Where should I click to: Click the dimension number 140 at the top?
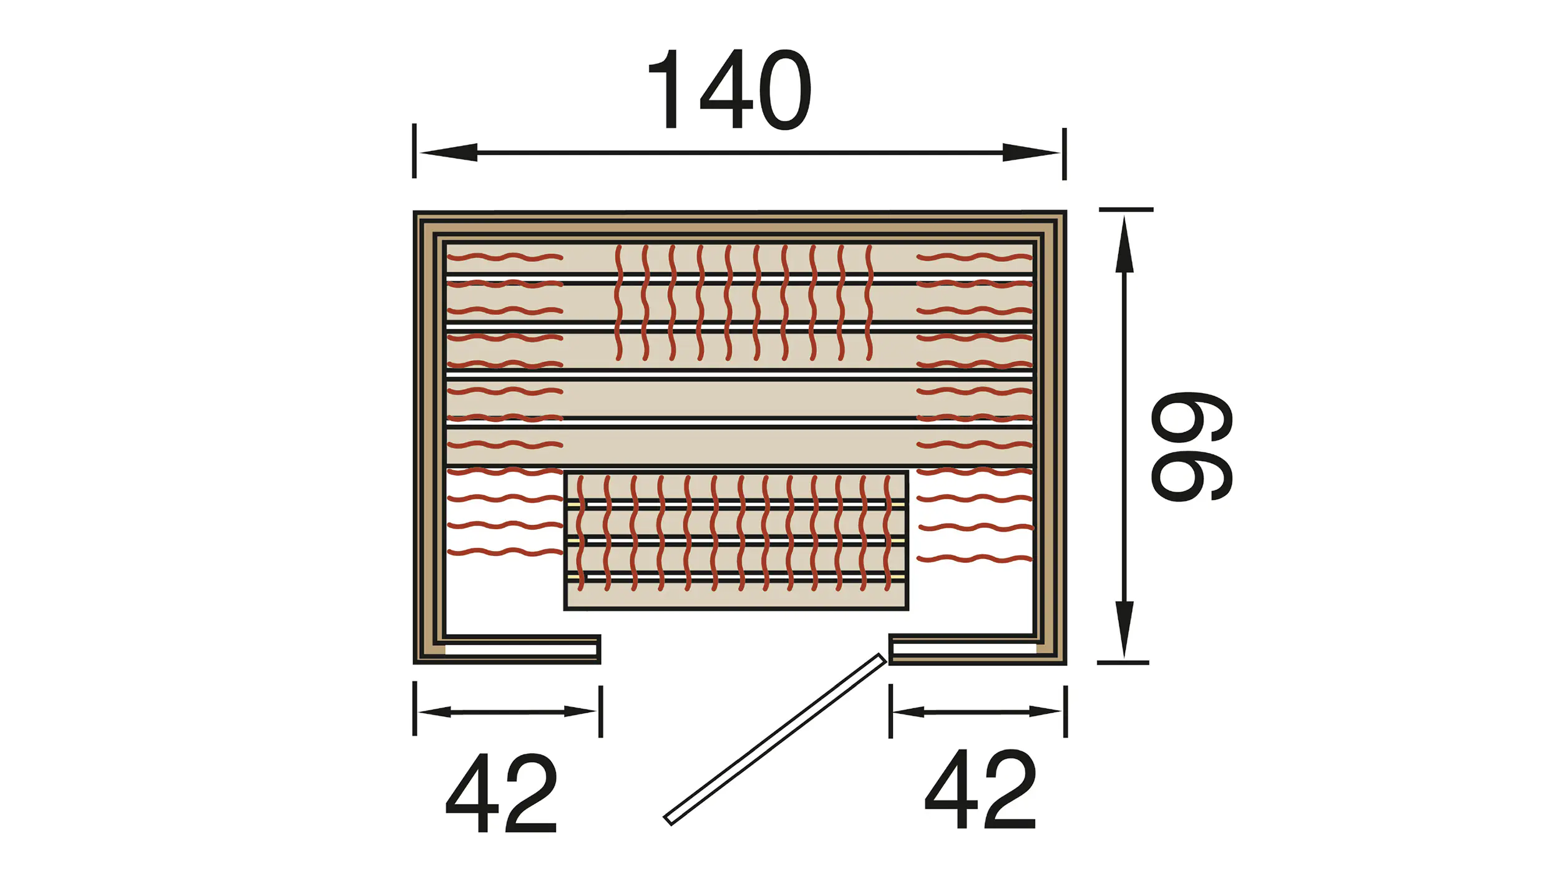point(730,89)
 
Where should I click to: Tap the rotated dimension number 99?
point(1192,446)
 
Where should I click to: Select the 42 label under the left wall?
point(501,793)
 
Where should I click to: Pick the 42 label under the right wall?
point(980,789)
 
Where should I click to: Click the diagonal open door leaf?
point(775,739)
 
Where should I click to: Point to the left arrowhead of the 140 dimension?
point(449,152)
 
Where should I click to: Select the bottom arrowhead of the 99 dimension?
point(1124,629)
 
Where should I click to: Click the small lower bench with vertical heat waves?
point(736,540)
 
